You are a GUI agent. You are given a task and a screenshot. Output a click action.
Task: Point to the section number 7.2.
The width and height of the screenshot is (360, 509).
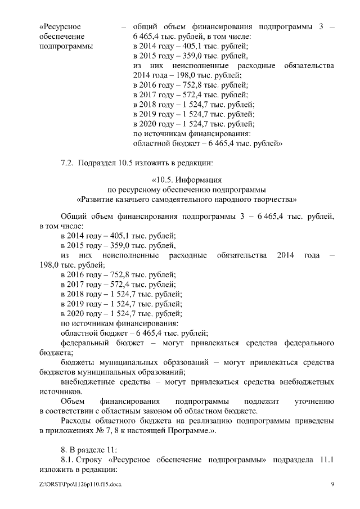[x=67, y=164]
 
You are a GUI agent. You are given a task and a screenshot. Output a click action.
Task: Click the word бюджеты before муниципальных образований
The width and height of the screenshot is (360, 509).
[x=78, y=362]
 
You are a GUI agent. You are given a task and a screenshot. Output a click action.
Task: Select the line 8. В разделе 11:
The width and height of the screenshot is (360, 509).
[x=92, y=451]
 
